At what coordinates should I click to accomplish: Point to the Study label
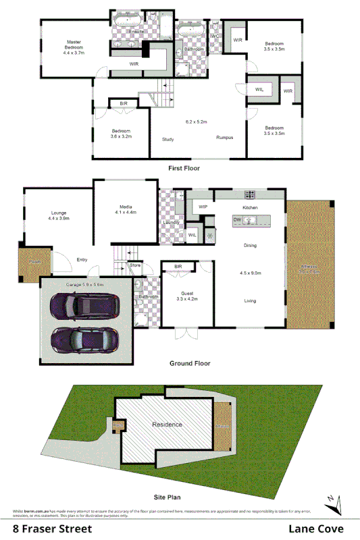(x=168, y=140)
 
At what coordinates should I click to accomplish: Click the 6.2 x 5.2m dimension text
(x=196, y=122)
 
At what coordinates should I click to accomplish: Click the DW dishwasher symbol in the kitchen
(x=237, y=220)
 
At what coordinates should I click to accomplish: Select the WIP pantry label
(x=203, y=207)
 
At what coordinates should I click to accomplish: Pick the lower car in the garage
(x=82, y=337)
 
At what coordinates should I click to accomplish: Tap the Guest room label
(x=187, y=293)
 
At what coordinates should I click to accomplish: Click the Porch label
(x=28, y=261)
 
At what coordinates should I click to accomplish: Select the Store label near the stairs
(x=135, y=266)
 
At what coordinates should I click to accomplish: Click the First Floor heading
(x=184, y=167)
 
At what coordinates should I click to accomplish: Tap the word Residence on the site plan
(x=167, y=425)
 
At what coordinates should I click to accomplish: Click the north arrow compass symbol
(x=330, y=501)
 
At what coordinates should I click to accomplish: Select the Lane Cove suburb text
(x=316, y=529)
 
